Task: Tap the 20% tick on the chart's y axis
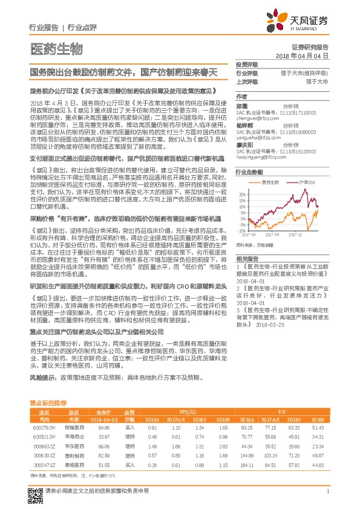coord(242,194)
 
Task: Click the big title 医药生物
coord(55,49)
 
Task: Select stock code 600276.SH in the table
coord(44,427)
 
